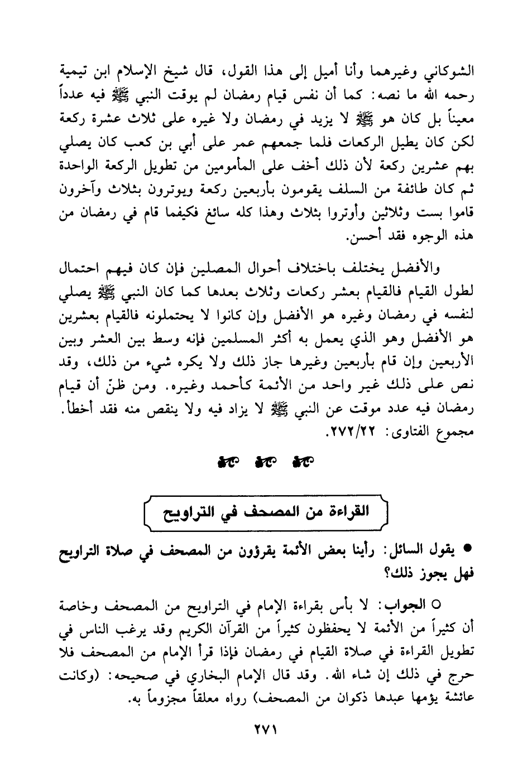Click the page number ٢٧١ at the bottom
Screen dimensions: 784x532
(x=266, y=730)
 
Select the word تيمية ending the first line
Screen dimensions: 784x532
(x=78, y=73)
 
